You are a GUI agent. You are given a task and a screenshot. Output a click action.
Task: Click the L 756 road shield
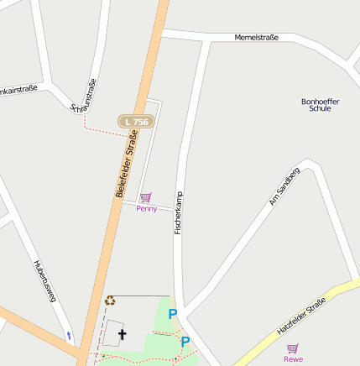pos(134,122)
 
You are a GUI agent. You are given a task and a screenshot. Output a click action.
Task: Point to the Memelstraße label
pos(256,38)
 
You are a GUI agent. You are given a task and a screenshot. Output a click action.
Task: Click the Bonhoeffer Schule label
pos(320,105)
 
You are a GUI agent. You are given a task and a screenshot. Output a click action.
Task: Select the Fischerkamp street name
pos(178,212)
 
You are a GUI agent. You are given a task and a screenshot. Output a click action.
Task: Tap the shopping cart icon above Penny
pos(146,198)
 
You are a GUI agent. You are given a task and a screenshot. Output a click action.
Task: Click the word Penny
pos(146,208)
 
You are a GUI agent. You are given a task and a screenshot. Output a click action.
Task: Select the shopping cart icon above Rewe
pos(293,348)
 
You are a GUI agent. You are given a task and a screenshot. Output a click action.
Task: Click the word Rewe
pos(293,359)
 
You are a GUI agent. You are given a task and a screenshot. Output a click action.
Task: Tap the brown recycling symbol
pos(109,300)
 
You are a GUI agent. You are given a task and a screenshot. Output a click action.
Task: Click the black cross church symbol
pos(123,334)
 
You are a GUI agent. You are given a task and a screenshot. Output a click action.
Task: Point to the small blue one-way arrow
pos(69,336)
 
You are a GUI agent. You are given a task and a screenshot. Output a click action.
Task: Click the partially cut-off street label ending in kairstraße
pos(19,88)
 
